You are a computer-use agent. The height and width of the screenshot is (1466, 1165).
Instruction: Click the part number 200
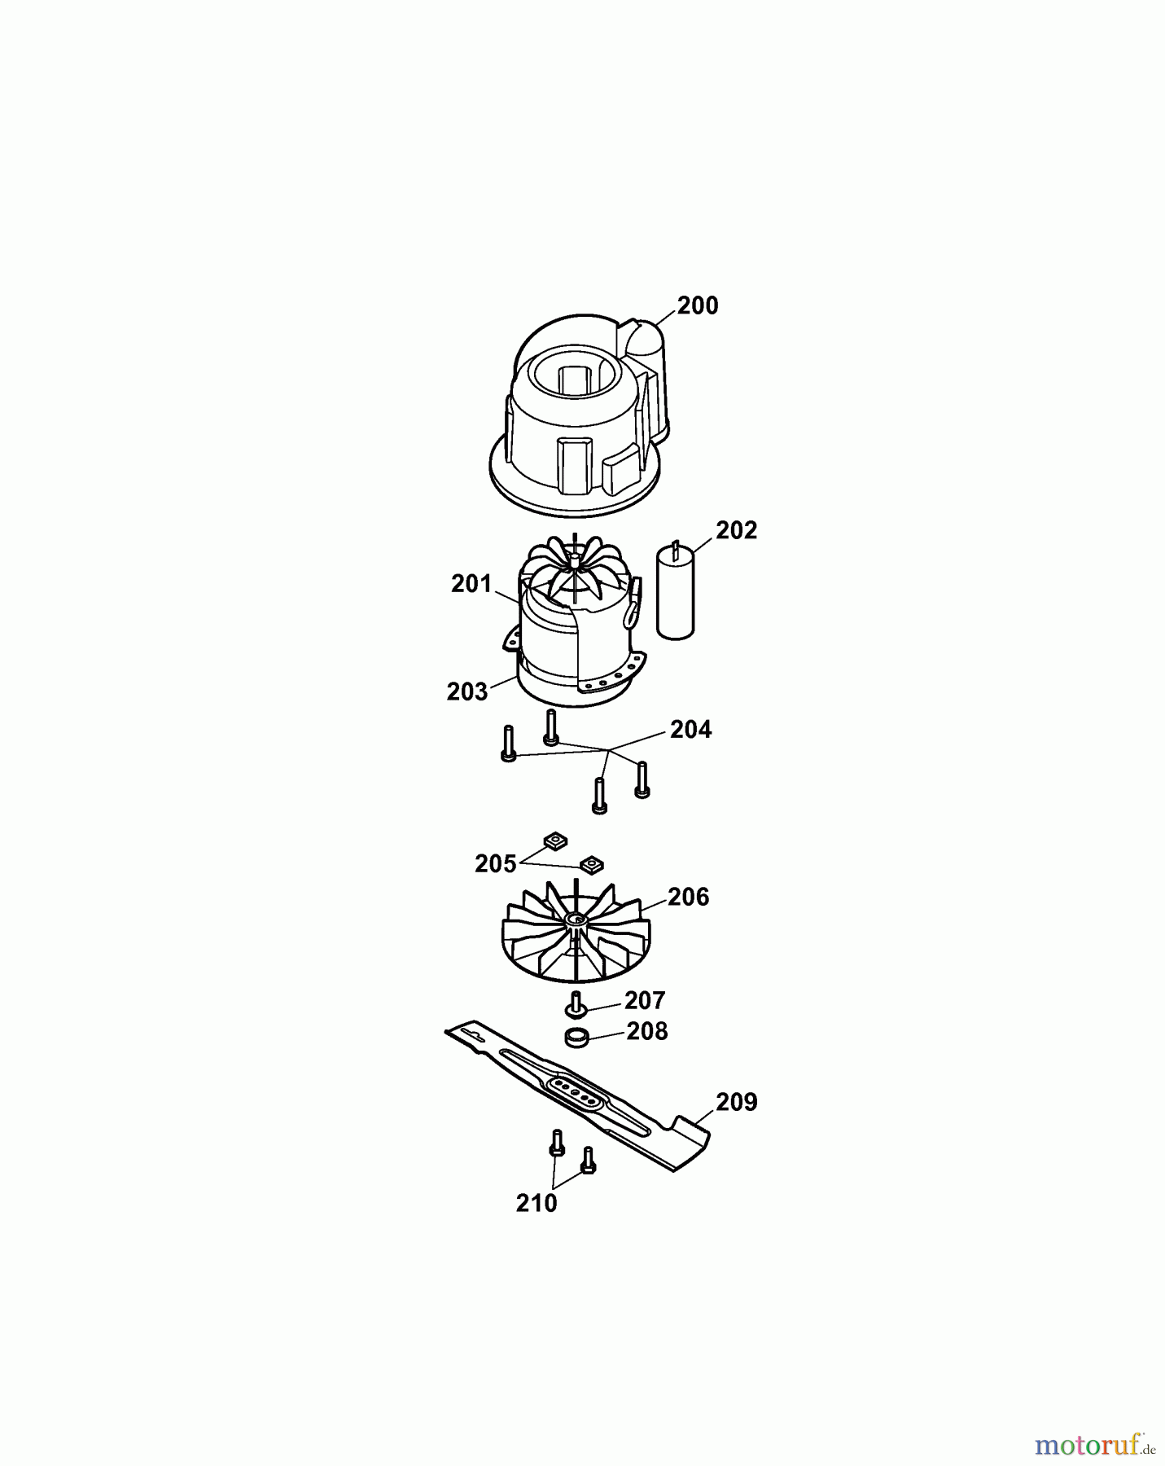tap(698, 306)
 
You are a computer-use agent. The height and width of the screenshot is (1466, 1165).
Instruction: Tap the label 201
tap(472, 584)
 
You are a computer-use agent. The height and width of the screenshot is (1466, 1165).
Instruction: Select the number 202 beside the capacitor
tap(737, 530)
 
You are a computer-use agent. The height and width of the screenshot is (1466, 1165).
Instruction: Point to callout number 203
tap(467, 691)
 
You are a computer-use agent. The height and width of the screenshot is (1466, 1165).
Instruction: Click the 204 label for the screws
tap(691, 730)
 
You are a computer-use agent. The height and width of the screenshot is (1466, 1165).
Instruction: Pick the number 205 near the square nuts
tap(496, 864)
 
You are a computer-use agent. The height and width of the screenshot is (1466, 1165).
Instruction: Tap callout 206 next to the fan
tap(689, 898)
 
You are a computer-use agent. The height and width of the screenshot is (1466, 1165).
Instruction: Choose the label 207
tap(645, 1000)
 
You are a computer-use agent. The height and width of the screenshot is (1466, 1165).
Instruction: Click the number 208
tap(647, 1032)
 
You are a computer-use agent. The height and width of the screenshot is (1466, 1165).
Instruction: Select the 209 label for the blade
tap(737, 1103)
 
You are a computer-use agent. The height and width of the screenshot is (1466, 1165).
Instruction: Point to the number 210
tap(537, 1203)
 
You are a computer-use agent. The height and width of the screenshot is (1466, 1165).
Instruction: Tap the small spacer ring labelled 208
tap(576, 1038)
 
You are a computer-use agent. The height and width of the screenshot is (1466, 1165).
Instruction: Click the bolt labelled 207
tap(577, 1004)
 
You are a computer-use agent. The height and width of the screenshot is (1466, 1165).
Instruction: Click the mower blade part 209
tap(578, 1095)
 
